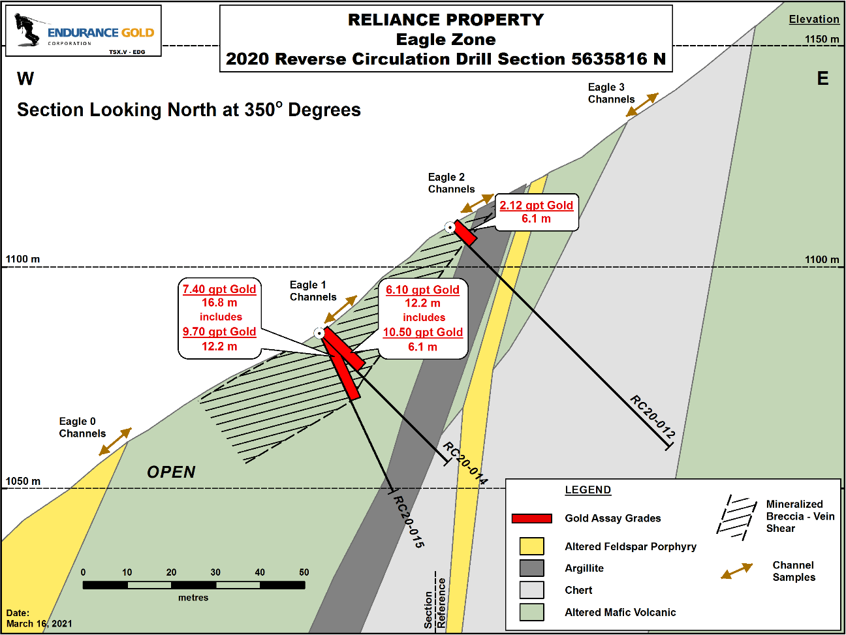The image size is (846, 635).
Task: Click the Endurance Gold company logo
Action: (x=84, y=31)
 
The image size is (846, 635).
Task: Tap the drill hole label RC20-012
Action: (x=652, y=417)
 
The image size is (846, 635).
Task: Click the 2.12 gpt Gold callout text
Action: (x=536, y=206)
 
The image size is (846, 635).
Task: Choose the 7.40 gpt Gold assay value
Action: (x=219, y=289)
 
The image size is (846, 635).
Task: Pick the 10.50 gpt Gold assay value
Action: (x=423, y=332)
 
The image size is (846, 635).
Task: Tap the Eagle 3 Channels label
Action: (x=611, y=93)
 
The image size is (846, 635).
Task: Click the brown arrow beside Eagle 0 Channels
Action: (x=116, y=442)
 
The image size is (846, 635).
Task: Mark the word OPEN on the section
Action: (x=171, y=472)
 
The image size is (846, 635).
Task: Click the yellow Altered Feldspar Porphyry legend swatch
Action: (x=531, y=546)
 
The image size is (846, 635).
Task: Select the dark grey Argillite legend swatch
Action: (x=531, y=568)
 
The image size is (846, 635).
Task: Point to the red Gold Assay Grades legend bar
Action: (x=531, y=518)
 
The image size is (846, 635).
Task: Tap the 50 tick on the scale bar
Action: (x=304, y=572)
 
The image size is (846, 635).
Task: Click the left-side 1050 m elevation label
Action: (x=23, y=481)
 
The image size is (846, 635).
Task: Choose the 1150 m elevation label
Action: (x=822, y=39)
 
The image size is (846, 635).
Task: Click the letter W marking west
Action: (x=25, y=78)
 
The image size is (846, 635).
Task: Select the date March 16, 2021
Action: (x=39, y=624)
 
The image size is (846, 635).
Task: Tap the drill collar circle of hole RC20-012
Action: (x=450, y=227)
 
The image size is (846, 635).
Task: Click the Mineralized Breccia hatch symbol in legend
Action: (x=736, y=518)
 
